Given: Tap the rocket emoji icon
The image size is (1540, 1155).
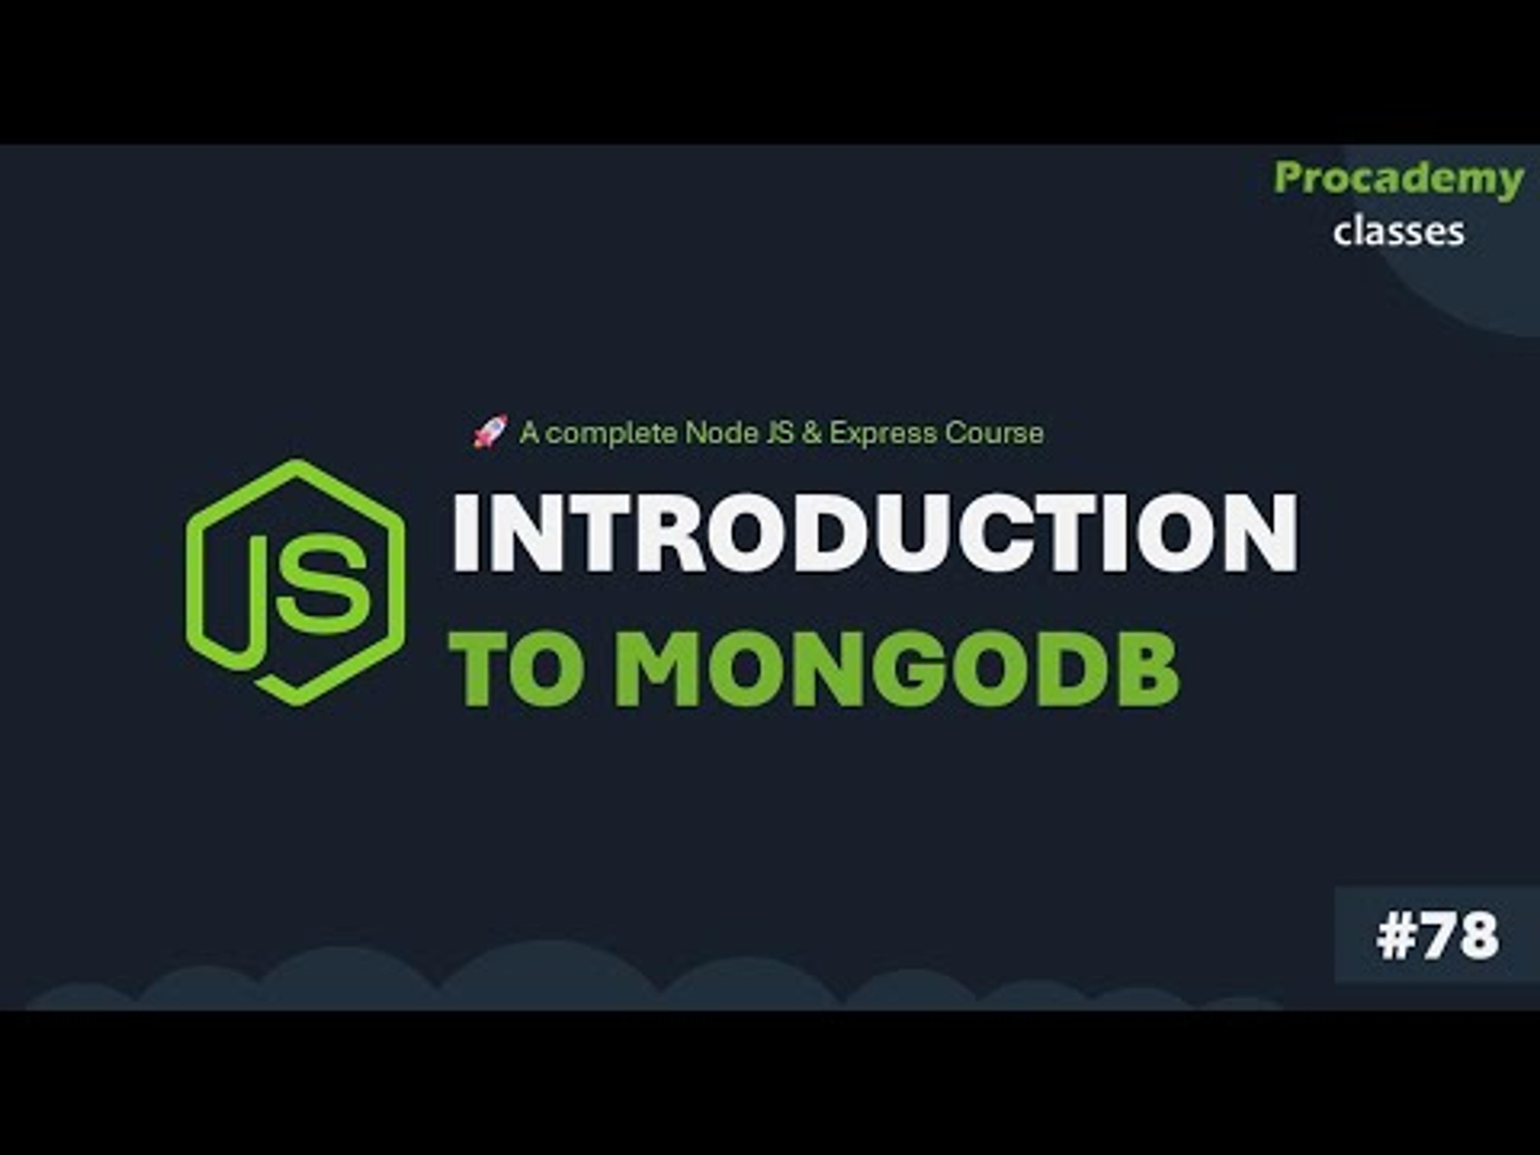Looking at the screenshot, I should point(490,431).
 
